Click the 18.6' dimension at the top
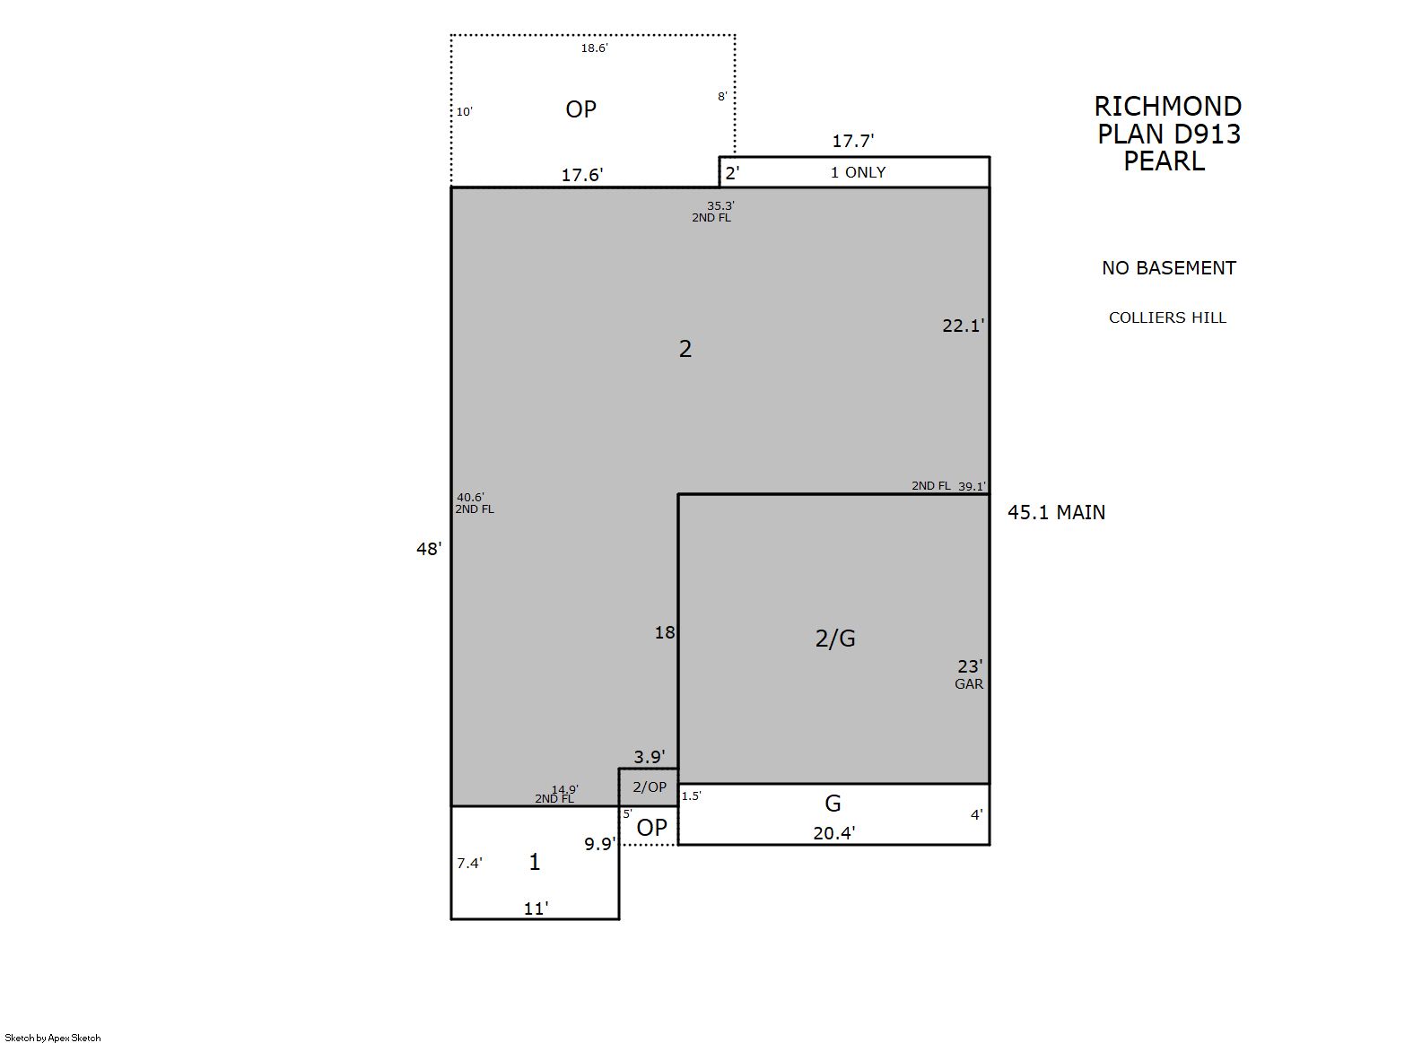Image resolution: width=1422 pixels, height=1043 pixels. tap(594, 48)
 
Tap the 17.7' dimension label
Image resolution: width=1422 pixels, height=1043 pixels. tap(852, 141)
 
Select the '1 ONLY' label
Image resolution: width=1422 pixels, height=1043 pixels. tap(858, 172)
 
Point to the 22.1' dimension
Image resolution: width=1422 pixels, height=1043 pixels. tap(963, 326)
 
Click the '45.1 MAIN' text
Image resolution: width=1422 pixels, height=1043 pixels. tap(1056, 513)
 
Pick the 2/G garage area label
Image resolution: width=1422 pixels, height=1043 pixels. tap(834, 639)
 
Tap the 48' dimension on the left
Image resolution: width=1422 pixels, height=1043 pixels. tap(429, 549)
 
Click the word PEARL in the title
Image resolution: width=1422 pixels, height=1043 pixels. tap(1165, 161)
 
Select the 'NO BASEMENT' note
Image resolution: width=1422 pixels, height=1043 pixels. tap(1169, 268)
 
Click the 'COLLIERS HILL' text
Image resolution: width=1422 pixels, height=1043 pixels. tap(1167, 317)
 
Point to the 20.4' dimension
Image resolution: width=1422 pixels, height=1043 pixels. tap(833, 833)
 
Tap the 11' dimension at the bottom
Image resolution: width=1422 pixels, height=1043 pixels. tap(535, 909)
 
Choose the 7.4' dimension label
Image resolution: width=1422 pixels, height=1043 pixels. tap(469, 863)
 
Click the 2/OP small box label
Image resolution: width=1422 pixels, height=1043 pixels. tap(650, 787)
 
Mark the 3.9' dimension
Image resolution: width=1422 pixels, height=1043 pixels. tap(649, 757)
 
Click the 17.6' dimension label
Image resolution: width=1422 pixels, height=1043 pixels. tap(581, 175)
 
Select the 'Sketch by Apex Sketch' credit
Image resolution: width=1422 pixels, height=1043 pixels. tap(53, 1038)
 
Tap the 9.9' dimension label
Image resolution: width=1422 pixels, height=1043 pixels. tap(600, 844)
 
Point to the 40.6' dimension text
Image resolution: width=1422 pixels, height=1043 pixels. tap(470, 498)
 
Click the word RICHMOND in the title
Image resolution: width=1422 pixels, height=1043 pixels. tap(1168, 106)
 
